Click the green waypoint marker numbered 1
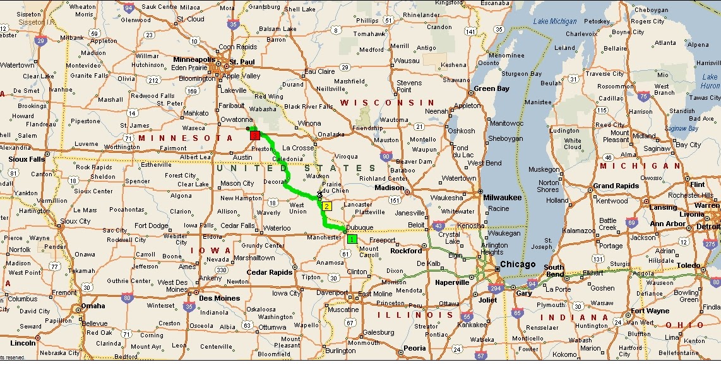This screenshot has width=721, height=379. (352, 238)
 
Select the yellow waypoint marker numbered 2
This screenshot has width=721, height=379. (326, 206)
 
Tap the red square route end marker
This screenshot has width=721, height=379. (255, 135)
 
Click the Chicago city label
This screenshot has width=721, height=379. (518, 265)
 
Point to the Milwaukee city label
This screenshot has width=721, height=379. (503, 197)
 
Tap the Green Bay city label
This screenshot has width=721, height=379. (491, 89)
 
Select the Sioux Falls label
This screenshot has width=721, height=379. (27, 159)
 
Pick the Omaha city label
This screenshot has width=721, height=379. (93, 306)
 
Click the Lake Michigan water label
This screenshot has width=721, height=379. (555, 22)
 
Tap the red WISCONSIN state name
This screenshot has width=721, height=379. (388, 102)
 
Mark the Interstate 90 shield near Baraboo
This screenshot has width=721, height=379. (386, 155)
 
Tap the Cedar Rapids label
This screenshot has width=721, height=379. (270, 272)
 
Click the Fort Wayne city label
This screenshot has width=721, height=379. (650, 311)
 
